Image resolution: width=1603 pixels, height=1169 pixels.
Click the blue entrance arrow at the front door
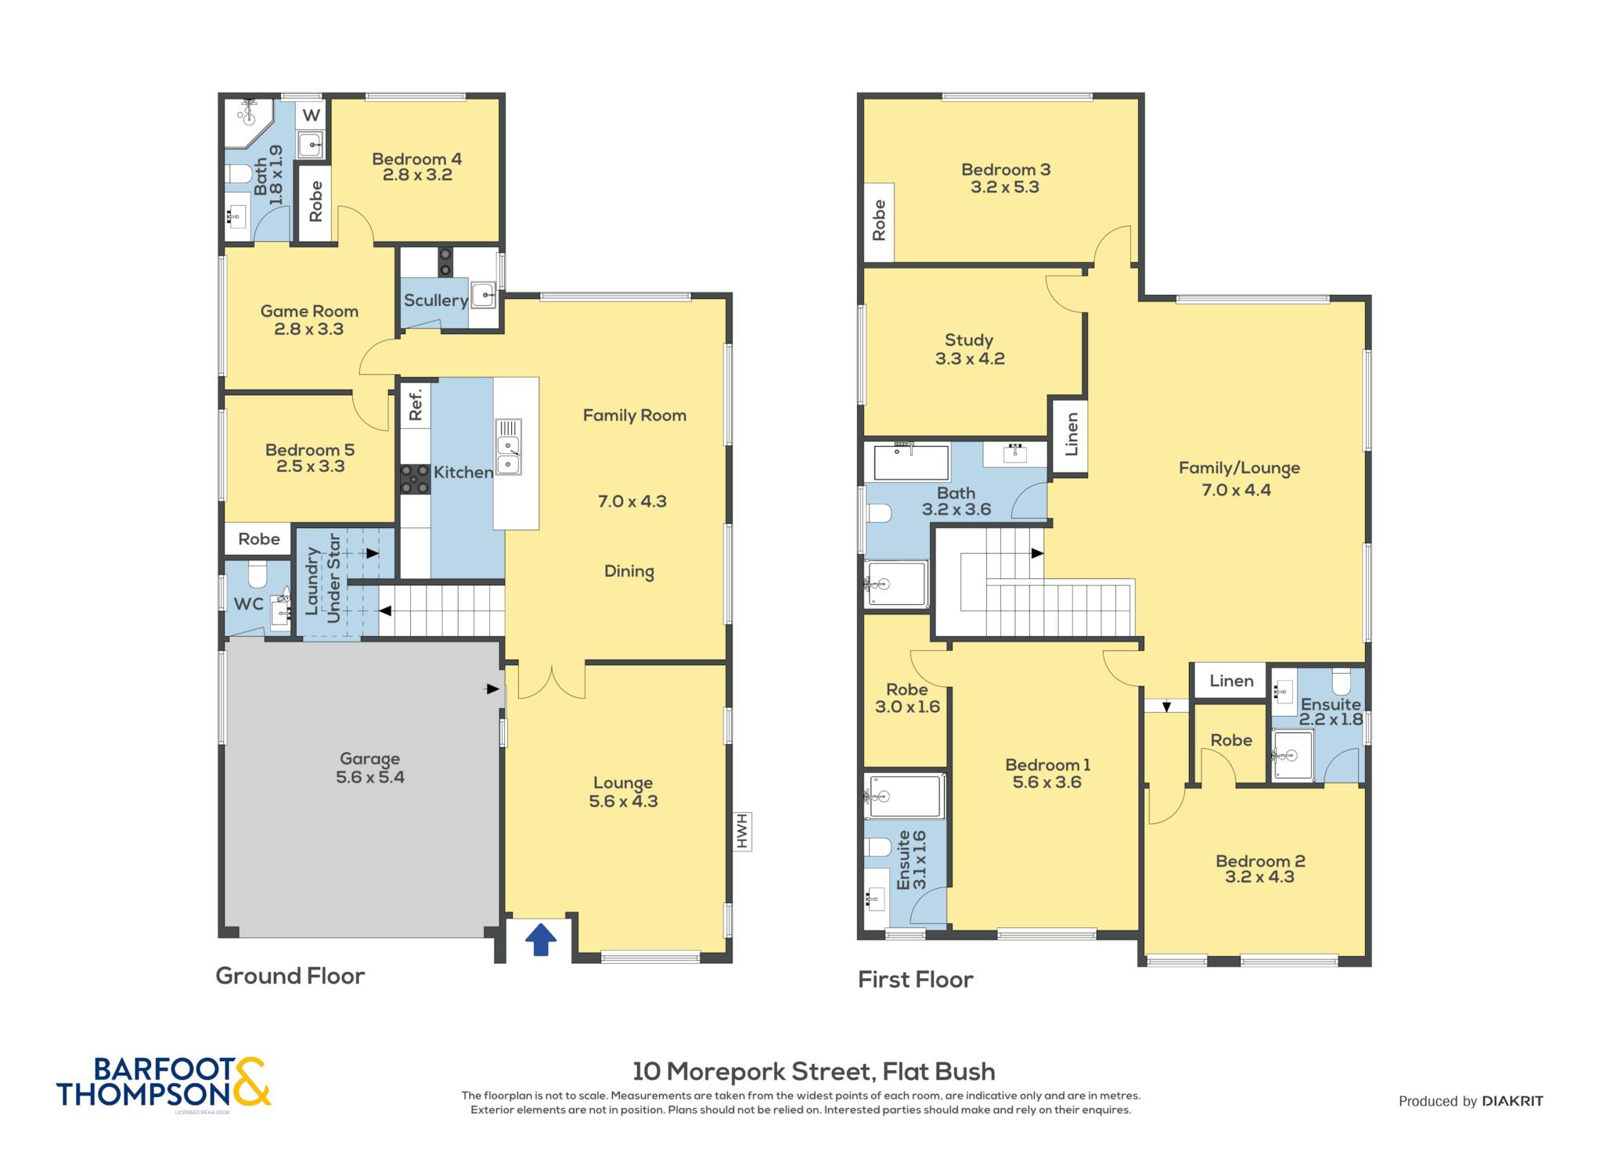pos(540,939)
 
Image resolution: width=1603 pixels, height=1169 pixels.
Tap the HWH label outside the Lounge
pos(741,832)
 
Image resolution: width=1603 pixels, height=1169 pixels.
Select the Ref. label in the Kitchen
pos(415,404)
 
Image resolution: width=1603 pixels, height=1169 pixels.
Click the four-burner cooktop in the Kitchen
pos(415,479)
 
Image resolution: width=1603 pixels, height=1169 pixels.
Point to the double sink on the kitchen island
pos(508,447)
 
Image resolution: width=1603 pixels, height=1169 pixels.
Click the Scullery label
pos(436,300)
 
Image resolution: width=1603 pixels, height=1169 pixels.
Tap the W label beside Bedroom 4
pos(312,116)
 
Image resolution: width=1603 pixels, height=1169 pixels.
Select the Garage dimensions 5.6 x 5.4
pos(370,777)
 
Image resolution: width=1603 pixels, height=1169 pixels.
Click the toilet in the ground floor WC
pos(258,575)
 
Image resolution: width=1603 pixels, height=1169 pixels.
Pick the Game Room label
pos(309,311)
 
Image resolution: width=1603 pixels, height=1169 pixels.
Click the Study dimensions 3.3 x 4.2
pos(970,358)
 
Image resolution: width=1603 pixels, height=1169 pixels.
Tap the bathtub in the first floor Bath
pos(911,461)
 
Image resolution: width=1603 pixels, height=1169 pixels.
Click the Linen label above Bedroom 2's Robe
pos(1231,681)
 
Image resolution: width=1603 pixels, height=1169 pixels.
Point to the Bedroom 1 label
pos(1047,764)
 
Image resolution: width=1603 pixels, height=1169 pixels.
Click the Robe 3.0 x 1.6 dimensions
pos(907,707)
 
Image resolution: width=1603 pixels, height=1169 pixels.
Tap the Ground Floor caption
pos(290,976)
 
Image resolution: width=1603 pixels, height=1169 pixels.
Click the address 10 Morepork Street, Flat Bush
pos(814,1071)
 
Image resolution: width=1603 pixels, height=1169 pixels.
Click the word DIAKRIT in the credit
pos(1512,1101)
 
